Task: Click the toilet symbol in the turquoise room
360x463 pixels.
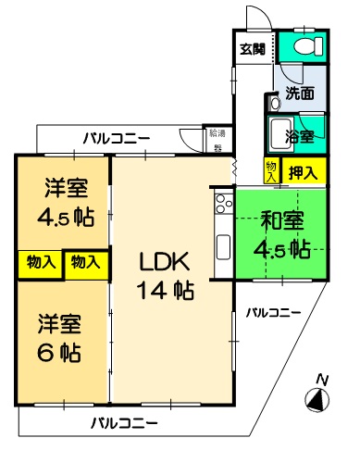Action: click(308, 46)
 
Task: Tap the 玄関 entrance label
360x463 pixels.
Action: click(253, 49)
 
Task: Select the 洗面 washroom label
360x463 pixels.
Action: click(300, 93)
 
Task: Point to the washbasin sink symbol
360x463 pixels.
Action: click(274, 102)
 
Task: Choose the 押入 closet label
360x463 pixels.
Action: click(303, 172)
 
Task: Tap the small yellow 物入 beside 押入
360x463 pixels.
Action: click(272, 171)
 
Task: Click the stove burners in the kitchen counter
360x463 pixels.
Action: click(224, 204)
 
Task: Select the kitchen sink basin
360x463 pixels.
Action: click(223, 247)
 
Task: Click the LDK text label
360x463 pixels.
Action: click(165, 261)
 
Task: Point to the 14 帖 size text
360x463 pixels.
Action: click(166, 290)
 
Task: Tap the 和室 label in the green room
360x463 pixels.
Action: click(282, 220)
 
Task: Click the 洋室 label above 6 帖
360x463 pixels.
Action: click(59, 324)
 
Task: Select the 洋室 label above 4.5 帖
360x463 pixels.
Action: click(67, 188)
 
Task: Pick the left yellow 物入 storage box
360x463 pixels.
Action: click(41, 264)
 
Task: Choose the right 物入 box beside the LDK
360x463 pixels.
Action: click(86, 264)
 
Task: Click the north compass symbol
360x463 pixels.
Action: click(317, 400)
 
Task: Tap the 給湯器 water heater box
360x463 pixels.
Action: click(217, 141)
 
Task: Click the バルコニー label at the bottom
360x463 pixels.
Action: click(124, 422)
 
